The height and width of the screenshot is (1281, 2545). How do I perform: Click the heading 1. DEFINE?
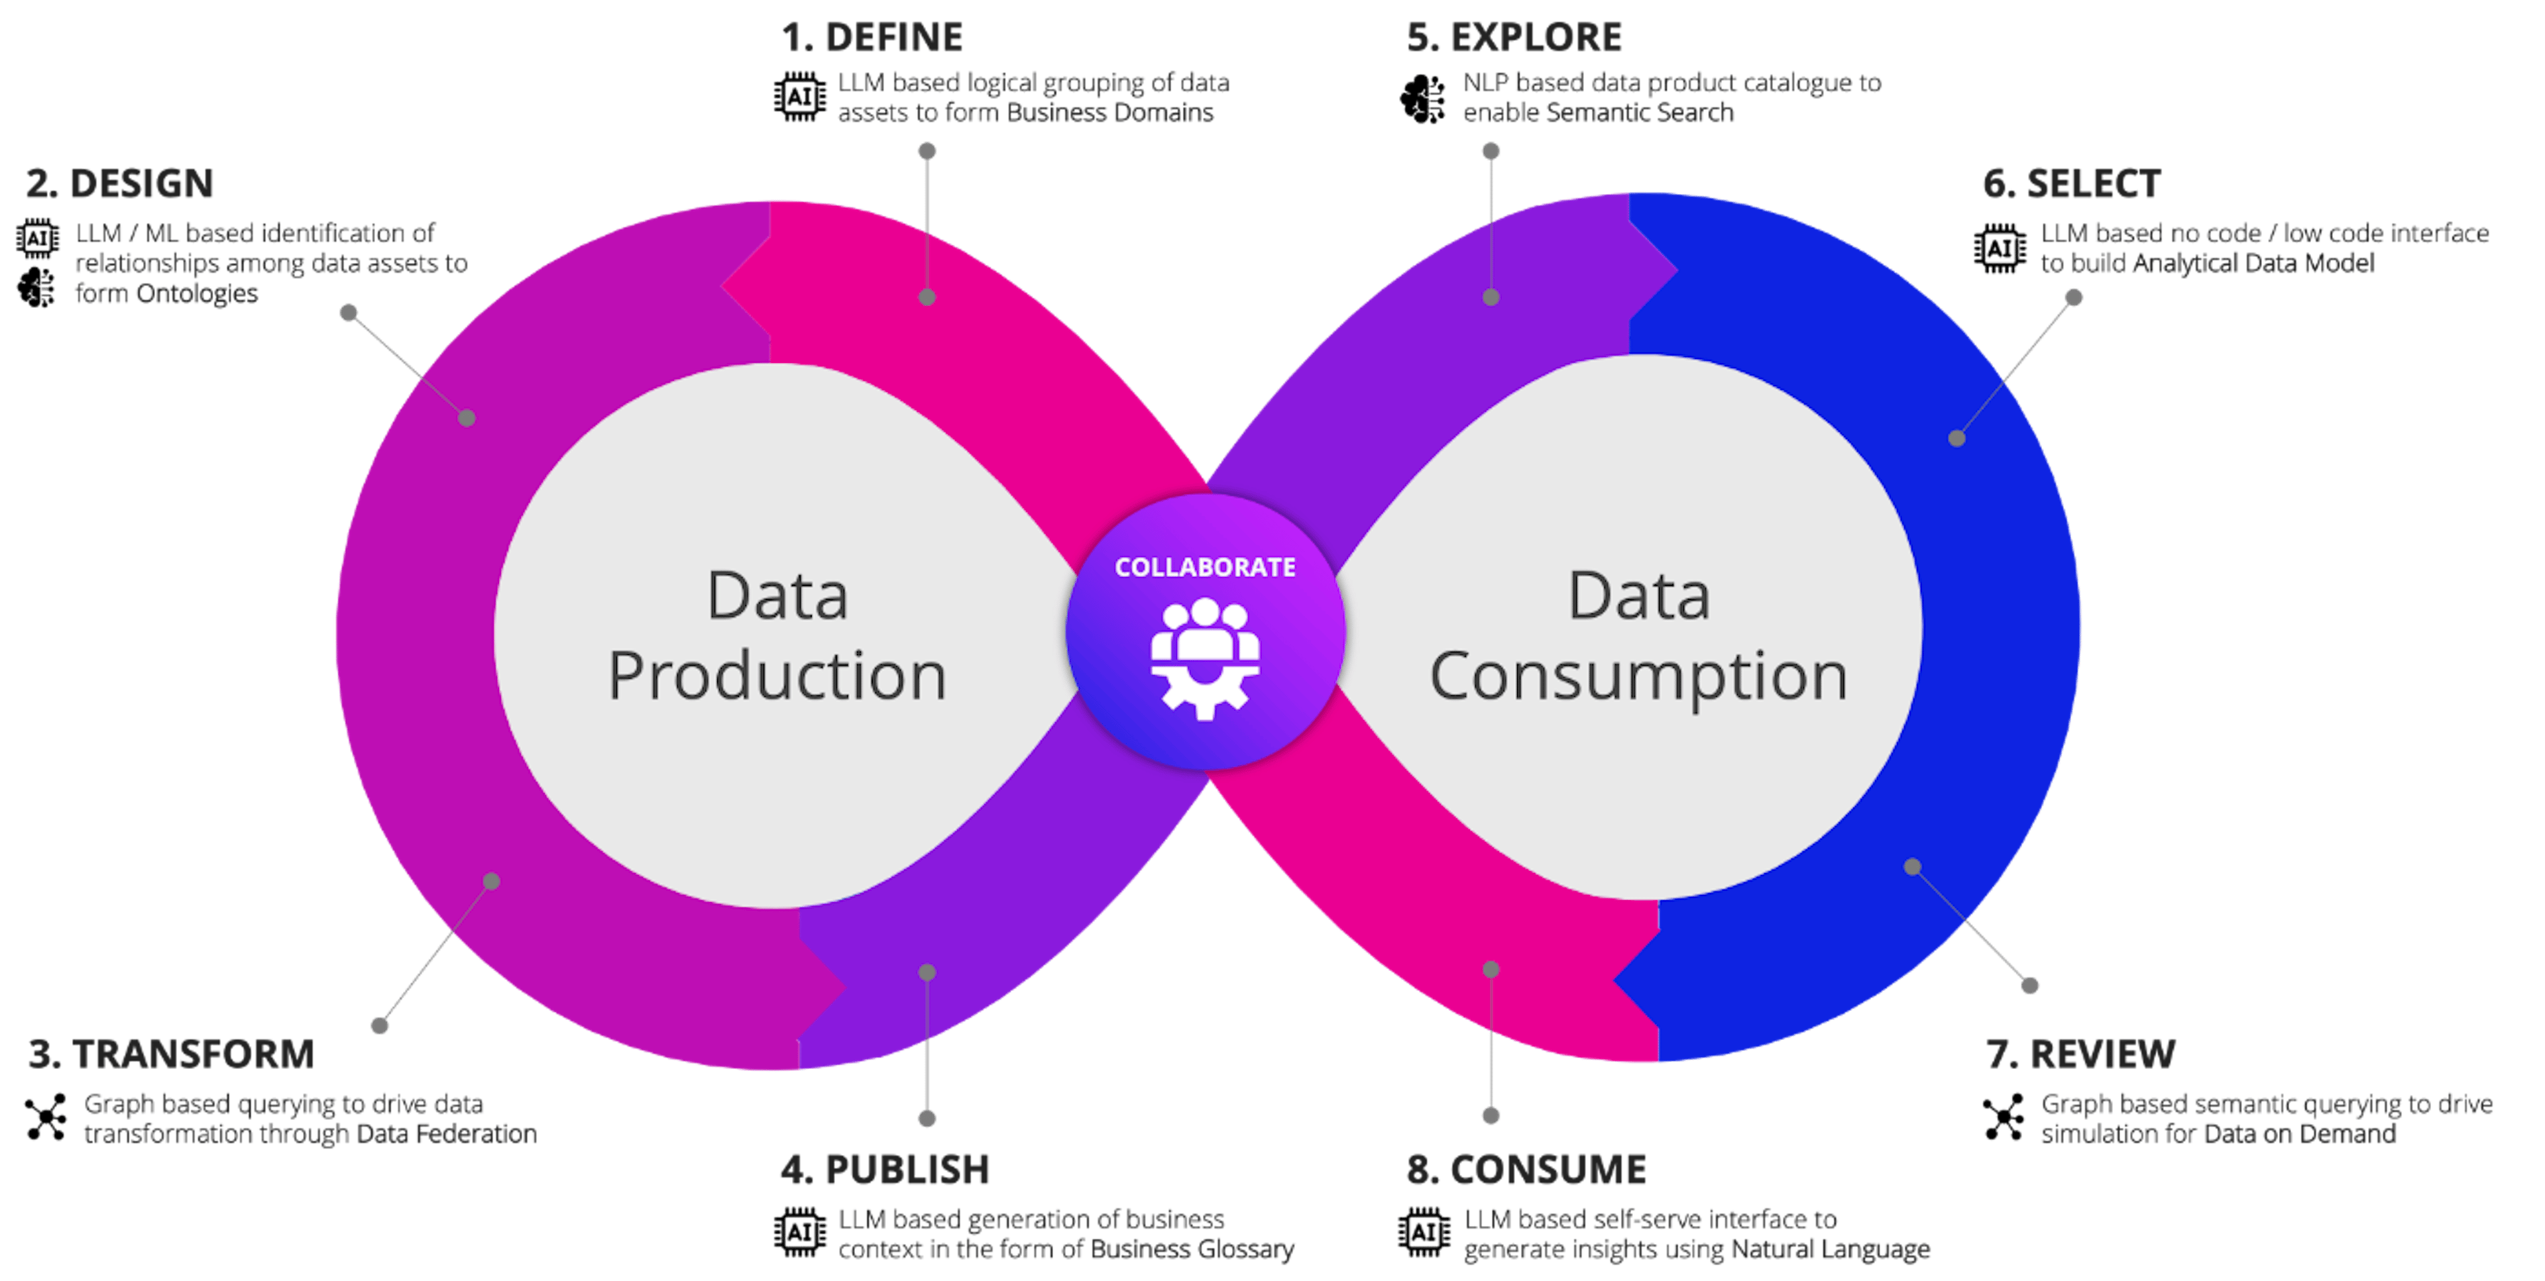pyautogui.click(x=872, y=38)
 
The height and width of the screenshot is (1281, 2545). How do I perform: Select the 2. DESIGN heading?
pyautogui.click(x=119, y=183)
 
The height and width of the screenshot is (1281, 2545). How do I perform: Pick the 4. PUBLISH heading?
pyautogui.click(x=884, y=1170)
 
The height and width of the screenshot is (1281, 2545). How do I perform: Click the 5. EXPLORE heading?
pyautogui.click(x=1514, y=38)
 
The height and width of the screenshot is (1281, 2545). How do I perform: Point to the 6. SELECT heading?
pyautogui.click(x=2072, y=183)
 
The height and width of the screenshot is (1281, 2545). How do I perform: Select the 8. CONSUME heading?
pyautogui.click(x=1526, y=1170)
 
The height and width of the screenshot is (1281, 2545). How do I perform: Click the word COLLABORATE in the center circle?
pyautogui.click(x=1204, y=567)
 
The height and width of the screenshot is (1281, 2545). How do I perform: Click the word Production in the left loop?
pyautogui.click(x=777, y=676)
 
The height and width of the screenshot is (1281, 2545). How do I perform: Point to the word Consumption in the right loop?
pyautogui.click(x=1638, y=676)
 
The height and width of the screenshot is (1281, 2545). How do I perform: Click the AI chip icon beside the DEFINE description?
pyautogui.click(x=799, y=97)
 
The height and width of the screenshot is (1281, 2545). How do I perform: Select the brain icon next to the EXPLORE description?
pyautogui.click(x=1424, y=99)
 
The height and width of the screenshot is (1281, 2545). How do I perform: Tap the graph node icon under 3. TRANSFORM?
pyautogui.click(x=46, y=1117)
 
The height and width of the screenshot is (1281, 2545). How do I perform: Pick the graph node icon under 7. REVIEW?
pyautogui.click(x=2004, y=1117)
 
